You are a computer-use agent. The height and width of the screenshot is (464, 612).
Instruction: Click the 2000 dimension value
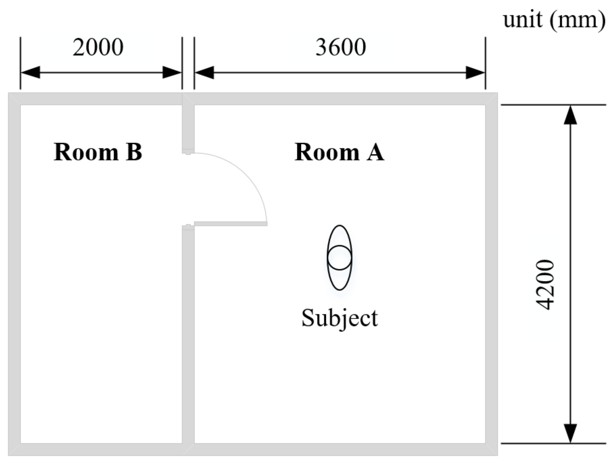pyautogui.click(x=98, y=47)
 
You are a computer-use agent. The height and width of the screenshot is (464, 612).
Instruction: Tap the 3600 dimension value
pyautogui.click(x=341, y=47)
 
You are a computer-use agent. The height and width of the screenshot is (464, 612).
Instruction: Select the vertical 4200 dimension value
pyautogui.click(x=545, y=285)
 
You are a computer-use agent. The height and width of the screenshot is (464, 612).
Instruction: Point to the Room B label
pyautogui.click(x=98, y=152)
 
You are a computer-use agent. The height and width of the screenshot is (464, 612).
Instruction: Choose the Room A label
pyautogui.click(x=339, y=152)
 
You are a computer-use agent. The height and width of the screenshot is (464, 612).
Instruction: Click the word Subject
pyautogui.click(x=340, y=318)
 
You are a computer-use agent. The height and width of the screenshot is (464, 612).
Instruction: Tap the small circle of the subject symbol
pyautogui.click(x=340, y=258)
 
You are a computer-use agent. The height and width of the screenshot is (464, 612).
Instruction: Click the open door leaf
pyautogui.click(x=231, y=224)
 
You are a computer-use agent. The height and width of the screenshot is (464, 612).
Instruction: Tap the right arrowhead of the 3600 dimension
pyautogui.click(x=475, y=72)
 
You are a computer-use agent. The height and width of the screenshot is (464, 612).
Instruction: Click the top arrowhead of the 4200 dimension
pyautogui.click(x=570, y=115)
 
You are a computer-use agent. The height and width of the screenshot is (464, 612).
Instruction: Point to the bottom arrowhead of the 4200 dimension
pyautogui.click(x=570, y=433)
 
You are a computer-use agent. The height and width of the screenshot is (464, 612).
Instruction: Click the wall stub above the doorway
pyautogui.click(x=188, y=128)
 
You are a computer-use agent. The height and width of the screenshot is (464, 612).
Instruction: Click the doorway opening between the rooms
pyautogui.click(x=188, y=189)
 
